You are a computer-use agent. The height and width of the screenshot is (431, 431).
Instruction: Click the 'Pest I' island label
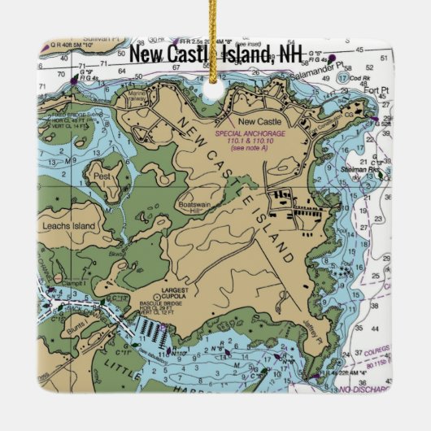(102, 175)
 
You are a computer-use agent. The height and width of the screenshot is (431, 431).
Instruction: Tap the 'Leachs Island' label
(67, 227)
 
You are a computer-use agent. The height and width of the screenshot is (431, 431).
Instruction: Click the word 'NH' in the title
(291, 54)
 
